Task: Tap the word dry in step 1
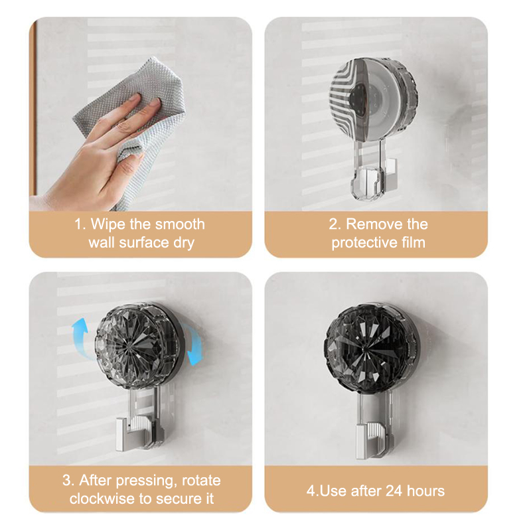coord(183,243)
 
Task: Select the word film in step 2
coord(413,242)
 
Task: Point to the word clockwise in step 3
coord(102,498)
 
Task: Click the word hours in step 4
coord(425,491)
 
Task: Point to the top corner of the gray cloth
coord(154,58)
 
